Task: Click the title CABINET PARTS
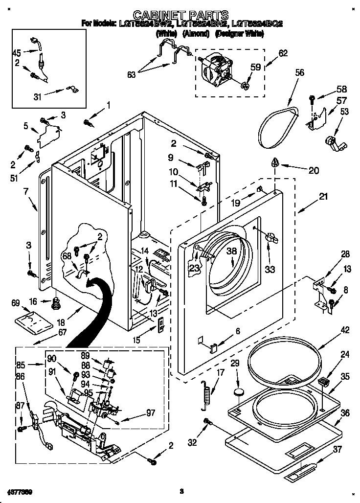pyautogui.click(x=180, y=15)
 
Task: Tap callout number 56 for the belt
pyautogui.click(x=299, y=73)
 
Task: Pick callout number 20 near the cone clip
pyautogui.click(x=313, y=171)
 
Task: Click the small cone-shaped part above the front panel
pyautogui.click(x=276, y=162)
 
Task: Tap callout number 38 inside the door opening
pyautogui.click(x=231, y=251)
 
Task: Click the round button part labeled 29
pyautogui.click(x=238, y=391)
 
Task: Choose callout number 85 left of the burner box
pyautogui.click(x=20, y=364)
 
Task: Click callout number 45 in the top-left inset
pyautogui.click(x=17, y=53)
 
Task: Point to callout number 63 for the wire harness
pyautogui.click(x=132, y=74)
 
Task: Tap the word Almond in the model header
pyautogui.click(x=196, y=34)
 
